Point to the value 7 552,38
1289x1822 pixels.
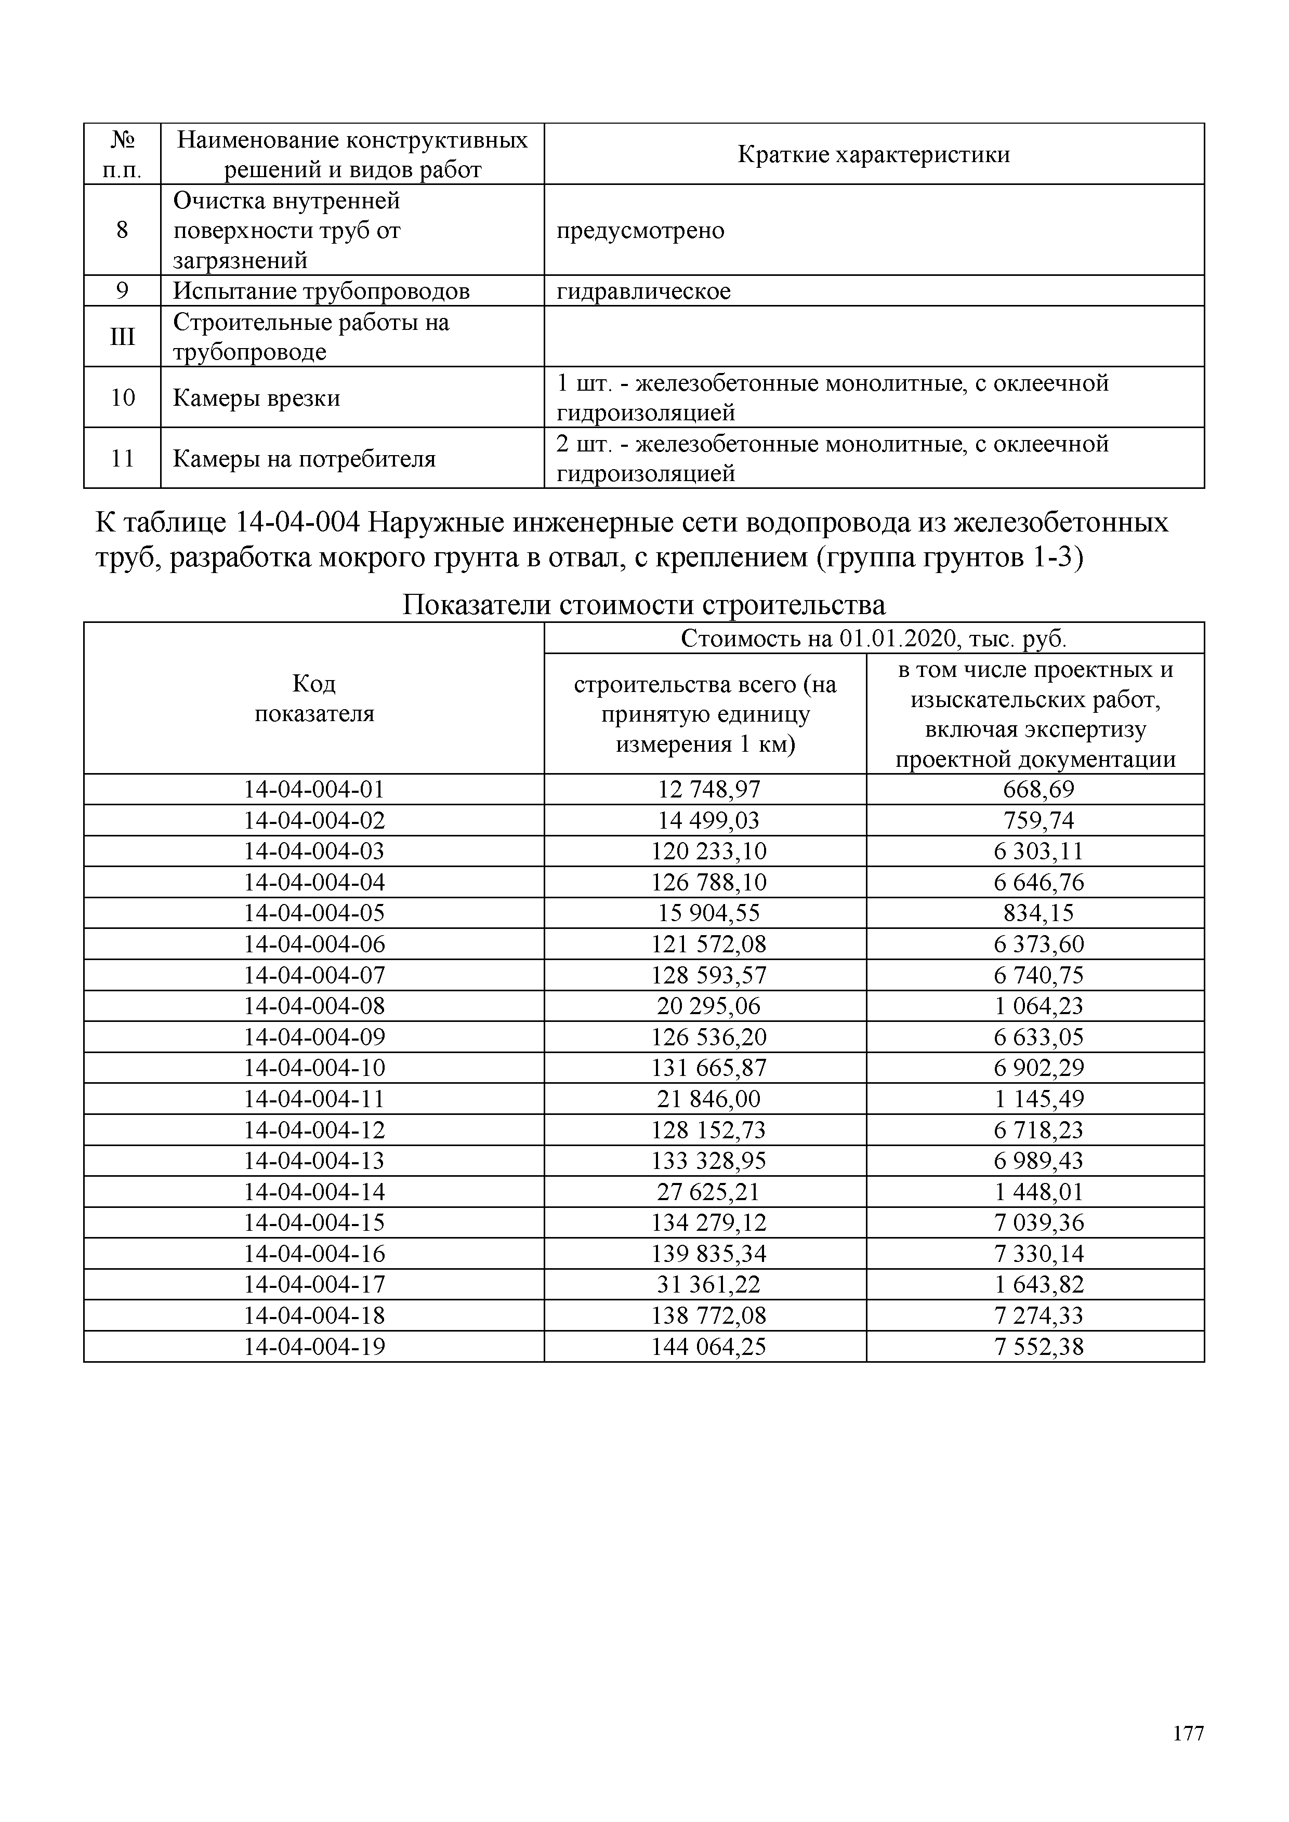click(x=1038, y=1347)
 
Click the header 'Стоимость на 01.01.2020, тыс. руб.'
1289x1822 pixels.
click(x=873, y=638)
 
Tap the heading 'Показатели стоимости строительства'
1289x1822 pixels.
click(x=643, y=605)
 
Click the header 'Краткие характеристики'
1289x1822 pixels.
click(x=873, y=154)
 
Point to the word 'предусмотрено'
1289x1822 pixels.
click(x=640, y=231)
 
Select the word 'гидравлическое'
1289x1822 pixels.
click(x=643, y=291)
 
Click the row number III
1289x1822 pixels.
click(x=122, y=337)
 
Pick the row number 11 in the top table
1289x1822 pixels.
click(x=122, y=459)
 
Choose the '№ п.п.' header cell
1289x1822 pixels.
click(x=122, y=154)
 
